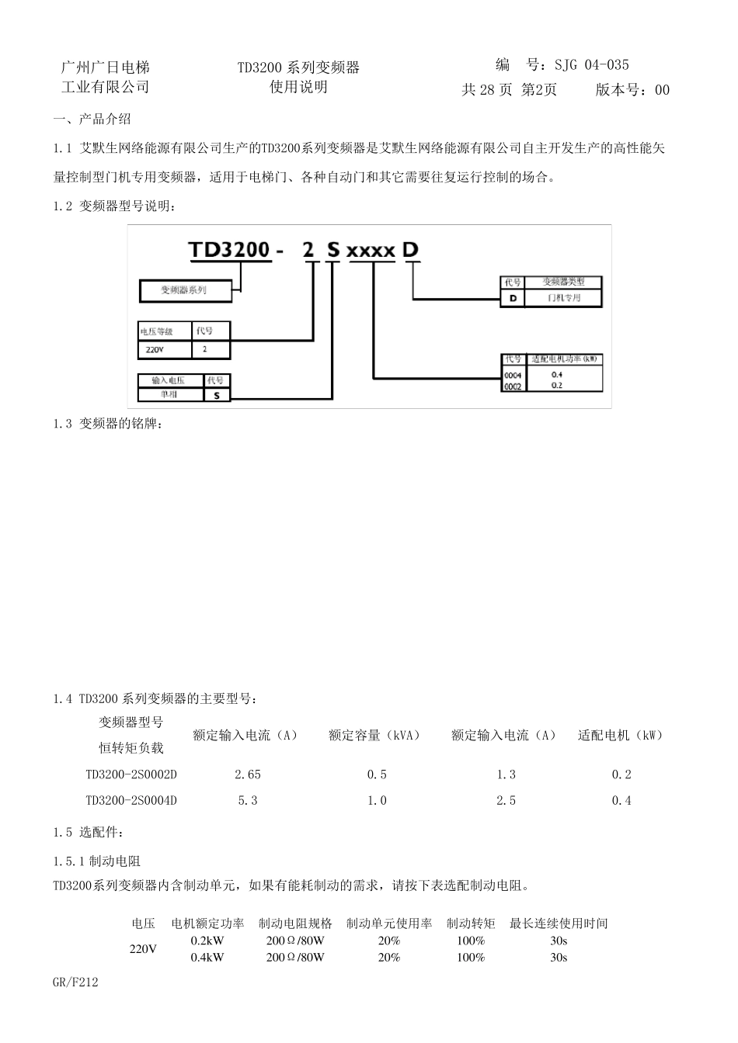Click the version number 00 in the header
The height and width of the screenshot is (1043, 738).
[662, 90]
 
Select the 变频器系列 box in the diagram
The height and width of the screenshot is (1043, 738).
[184, 290]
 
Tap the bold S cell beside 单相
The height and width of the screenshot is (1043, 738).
[217, 394]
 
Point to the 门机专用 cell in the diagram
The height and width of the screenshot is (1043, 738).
[563, 298]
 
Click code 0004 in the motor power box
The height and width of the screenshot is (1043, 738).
[513, 375]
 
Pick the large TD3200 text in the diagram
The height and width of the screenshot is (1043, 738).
[230, 250]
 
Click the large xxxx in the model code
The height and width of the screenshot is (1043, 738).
[371, 251]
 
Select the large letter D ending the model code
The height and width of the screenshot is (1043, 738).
[411, 249]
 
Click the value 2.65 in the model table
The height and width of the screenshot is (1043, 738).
[248, 774]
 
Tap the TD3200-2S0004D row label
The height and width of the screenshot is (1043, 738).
[131, 800]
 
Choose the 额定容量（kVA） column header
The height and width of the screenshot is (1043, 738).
[374, 735]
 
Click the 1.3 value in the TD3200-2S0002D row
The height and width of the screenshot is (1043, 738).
[506, 774]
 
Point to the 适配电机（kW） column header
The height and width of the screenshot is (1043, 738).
[621, 735]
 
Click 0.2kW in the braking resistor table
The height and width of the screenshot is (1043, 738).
[207, 941]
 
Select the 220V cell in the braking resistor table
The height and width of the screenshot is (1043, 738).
[143, 949]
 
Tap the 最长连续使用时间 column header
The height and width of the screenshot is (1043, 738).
[559, 923]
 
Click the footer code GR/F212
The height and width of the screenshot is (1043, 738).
[76, 982]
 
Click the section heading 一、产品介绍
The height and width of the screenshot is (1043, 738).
[92, 119]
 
